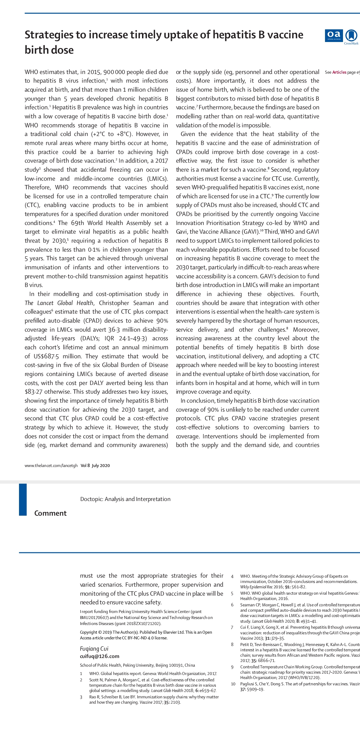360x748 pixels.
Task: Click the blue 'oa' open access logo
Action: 333,36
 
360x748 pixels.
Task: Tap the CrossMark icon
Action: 351,36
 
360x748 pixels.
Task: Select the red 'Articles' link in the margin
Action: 339,72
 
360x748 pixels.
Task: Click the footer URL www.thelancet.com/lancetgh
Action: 51,466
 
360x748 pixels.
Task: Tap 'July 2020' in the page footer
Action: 101,466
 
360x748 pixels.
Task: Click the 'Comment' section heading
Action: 50,513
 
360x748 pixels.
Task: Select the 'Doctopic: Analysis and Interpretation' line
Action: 125,499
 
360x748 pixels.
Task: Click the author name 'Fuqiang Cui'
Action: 94,649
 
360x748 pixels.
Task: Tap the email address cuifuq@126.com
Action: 99,656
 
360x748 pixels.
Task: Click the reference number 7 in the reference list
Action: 232,627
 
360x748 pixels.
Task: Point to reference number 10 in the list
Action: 233,684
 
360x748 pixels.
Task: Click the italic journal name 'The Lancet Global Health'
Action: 59,303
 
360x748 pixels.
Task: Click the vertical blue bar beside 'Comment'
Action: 23,499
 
